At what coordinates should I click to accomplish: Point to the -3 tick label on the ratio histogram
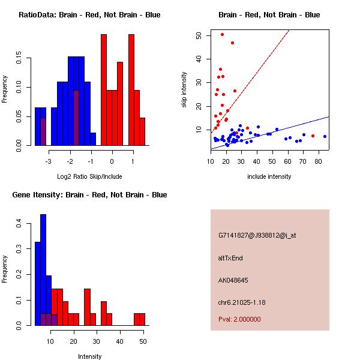click(x=48, y=161)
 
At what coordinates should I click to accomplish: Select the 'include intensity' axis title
click(x=269, y=176)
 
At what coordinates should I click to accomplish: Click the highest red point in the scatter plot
click(x=222, y=34)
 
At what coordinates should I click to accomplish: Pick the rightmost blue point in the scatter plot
click(x=325, y=136)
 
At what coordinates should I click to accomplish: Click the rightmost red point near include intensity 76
click(x=313, y=136)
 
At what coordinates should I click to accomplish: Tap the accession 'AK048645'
click(x=233, y=280)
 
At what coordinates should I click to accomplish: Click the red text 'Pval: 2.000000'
click(x=239, y=319)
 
